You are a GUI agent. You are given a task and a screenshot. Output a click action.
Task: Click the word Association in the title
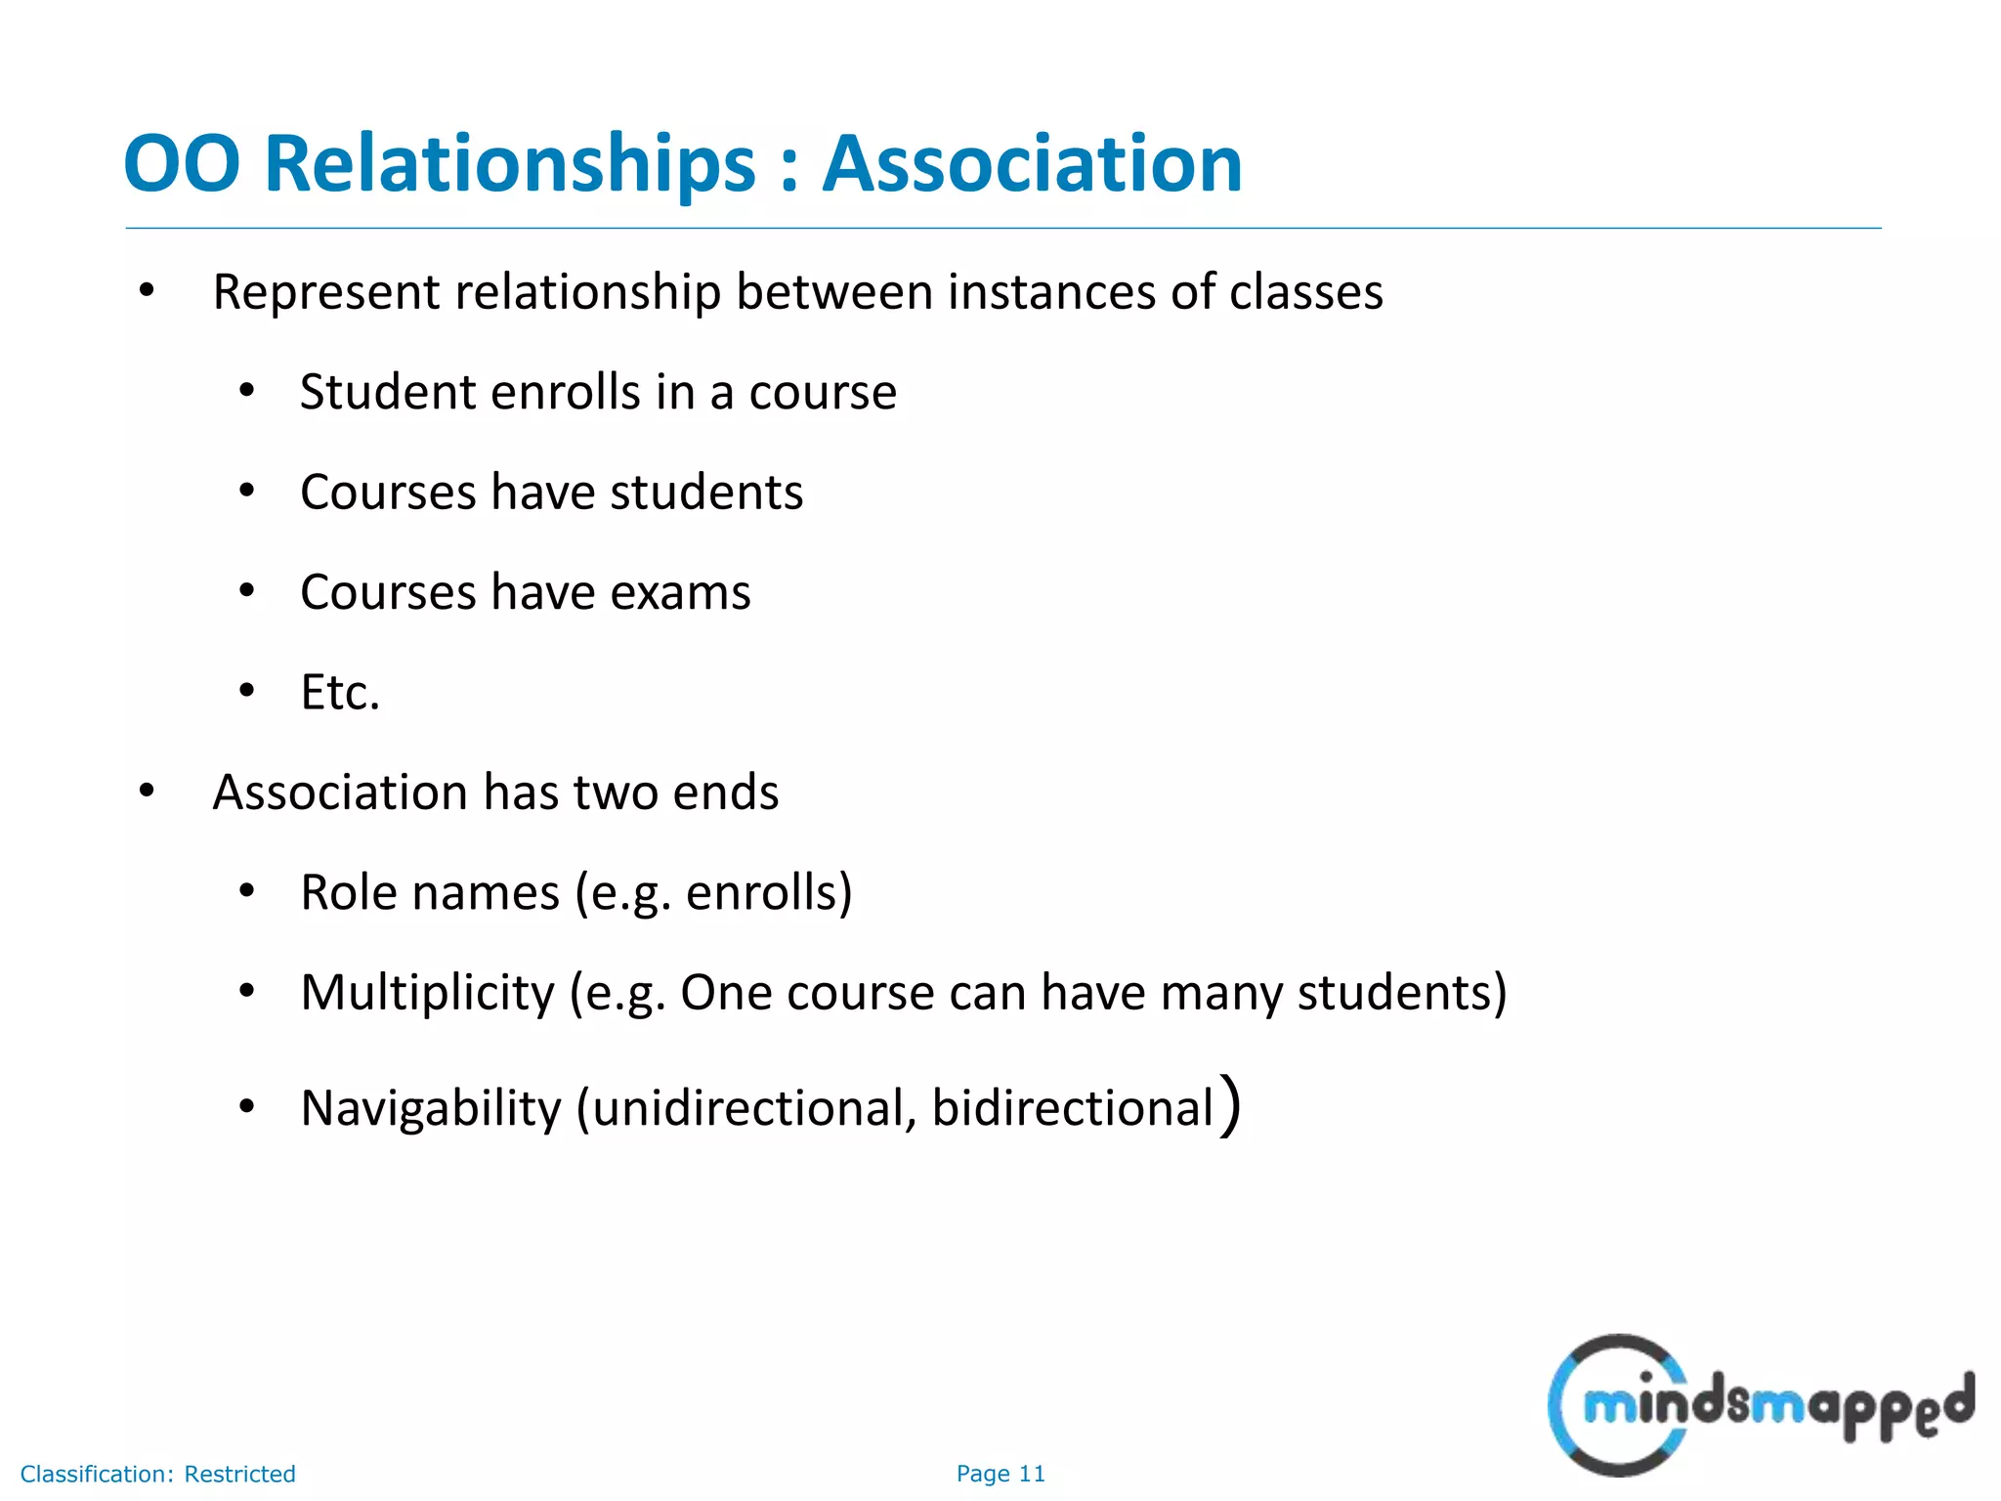1032,163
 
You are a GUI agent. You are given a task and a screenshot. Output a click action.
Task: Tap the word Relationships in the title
510,163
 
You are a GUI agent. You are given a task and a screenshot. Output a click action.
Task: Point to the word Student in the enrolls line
387,393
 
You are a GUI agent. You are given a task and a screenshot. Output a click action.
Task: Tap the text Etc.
339,693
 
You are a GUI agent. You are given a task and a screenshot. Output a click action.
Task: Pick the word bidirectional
1072,1108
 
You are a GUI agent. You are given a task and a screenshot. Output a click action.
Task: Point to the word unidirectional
753,1108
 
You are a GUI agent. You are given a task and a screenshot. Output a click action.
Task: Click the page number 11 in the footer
1032,1474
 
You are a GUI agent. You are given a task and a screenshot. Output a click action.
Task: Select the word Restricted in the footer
239,1474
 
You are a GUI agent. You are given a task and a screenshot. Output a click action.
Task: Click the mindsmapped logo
1760,1405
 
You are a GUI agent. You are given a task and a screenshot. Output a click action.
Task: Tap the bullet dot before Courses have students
247,492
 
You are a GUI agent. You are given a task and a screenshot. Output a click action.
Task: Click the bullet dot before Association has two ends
147,792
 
